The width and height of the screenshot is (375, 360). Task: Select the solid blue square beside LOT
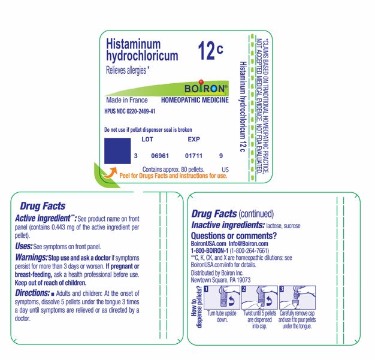pyautogui.click(x=117, y=150)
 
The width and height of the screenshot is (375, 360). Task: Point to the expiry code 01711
pyautogui.click(x=194, y=156)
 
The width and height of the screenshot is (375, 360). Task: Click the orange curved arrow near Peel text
pyautogui.click(x=110, y=173)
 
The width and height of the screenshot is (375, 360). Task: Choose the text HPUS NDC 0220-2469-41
pyautogui.click(x=130, y=111)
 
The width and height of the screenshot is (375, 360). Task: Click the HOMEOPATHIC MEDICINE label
pyautogui.click(x=195, y=100)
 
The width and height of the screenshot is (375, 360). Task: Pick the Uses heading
pyautogui.click(x=23, y=246)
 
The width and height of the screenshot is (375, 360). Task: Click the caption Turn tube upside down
pyautogui.click(x=222, y=317)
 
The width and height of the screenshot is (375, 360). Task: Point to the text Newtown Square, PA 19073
pyautogui.click(x=220, y=280)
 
